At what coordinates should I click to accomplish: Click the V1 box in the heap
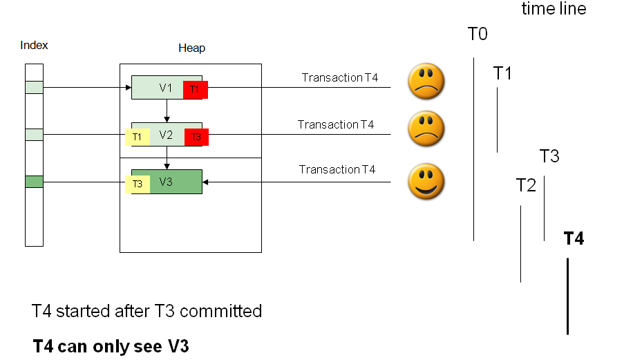pyautogui.click(x=158, y=88)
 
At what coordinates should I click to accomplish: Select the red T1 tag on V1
pyautogui.click(x=195, y=89)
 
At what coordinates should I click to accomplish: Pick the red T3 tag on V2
pyautogui.click(x=196, y=137)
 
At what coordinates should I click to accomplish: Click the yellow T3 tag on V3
pyautogui.click(x=138, y=184)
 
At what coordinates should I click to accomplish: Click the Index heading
pyautogui.click(x=34, y=46)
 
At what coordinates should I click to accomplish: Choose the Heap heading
pyautogui.click(x=191, y=48)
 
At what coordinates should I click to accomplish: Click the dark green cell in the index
pyautogui.click(x=34, y=182)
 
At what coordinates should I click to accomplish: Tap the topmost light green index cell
pyautogui.click(x=34, y=88)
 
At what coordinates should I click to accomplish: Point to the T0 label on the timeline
pyautogui.click(x=478, y=35)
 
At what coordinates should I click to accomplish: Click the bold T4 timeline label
pyautogui.click(x=574, y=239)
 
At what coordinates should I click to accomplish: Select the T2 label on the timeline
pyautogui.click(x=526, y=185)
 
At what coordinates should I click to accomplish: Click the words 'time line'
pyautogui.click(x=554, y=9)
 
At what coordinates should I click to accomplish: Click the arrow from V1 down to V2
pyautogui.click(x=167, y=111)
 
